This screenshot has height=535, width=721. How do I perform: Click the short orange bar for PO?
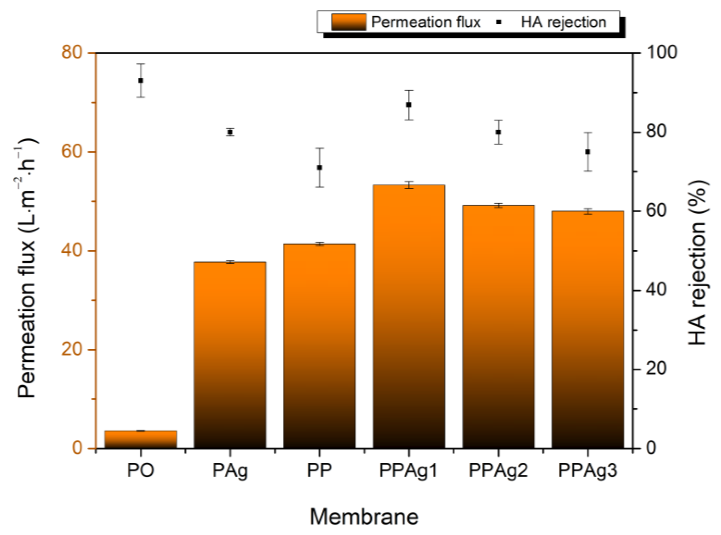click(140, 439)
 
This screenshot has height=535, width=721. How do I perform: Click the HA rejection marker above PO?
click(141, 80)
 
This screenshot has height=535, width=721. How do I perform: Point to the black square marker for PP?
click(319, 167)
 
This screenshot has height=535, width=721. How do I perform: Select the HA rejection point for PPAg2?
click(498, 132)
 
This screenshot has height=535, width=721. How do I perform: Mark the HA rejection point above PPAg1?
click(409, 104)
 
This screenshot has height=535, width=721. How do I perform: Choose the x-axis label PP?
click(319, 470)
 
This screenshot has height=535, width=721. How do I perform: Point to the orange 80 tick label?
click(71, 52)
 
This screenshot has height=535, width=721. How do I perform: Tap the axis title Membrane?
click(364, 517)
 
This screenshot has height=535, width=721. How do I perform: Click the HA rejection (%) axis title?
click(697, 262)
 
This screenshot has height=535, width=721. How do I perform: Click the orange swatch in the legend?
click(349, 22)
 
